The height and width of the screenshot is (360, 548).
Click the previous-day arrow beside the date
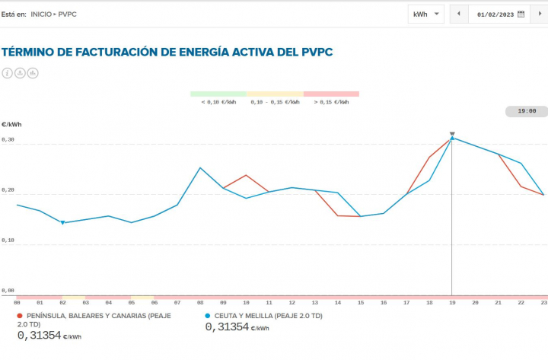point(459,14)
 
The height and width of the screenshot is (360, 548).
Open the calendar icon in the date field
point(521,14)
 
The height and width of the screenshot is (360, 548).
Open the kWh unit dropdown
point(426,14)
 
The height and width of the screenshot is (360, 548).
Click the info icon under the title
point(8,73)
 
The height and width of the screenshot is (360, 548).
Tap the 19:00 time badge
point(527,111)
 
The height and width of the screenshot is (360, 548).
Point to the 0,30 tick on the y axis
point(8,141)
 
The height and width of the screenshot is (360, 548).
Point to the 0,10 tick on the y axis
point(8,241)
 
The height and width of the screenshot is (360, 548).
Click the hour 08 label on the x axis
point(200,302)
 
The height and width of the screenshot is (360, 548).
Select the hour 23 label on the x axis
point(543,302)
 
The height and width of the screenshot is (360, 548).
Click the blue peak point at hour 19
point(452,139)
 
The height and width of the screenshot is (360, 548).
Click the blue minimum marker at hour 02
point(62,222)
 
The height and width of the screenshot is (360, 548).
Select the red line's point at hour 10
point(246,175)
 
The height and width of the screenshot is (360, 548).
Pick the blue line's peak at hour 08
point(200,168)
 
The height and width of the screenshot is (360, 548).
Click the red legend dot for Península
point(20,315)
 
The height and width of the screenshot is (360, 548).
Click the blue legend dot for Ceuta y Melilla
point(208,315)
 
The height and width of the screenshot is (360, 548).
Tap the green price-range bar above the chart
point(218,94)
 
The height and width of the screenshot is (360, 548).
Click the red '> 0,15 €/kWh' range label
point(331,102)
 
